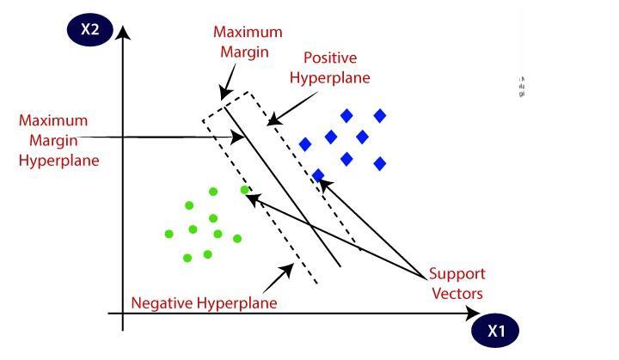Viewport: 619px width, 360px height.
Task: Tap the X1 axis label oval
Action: click(495, 329)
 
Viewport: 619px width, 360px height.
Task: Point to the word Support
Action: click(458, 275)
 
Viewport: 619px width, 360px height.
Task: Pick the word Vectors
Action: click(458, 294)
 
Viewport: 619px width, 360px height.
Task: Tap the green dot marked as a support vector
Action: click(245, 190)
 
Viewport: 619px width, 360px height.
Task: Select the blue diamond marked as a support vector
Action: click(318, 175)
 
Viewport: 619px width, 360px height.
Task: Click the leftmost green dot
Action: click(169, 234)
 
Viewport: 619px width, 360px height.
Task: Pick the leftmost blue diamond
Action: click(303, 143)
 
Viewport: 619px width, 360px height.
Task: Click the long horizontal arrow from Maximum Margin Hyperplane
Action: click(172, 136)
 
